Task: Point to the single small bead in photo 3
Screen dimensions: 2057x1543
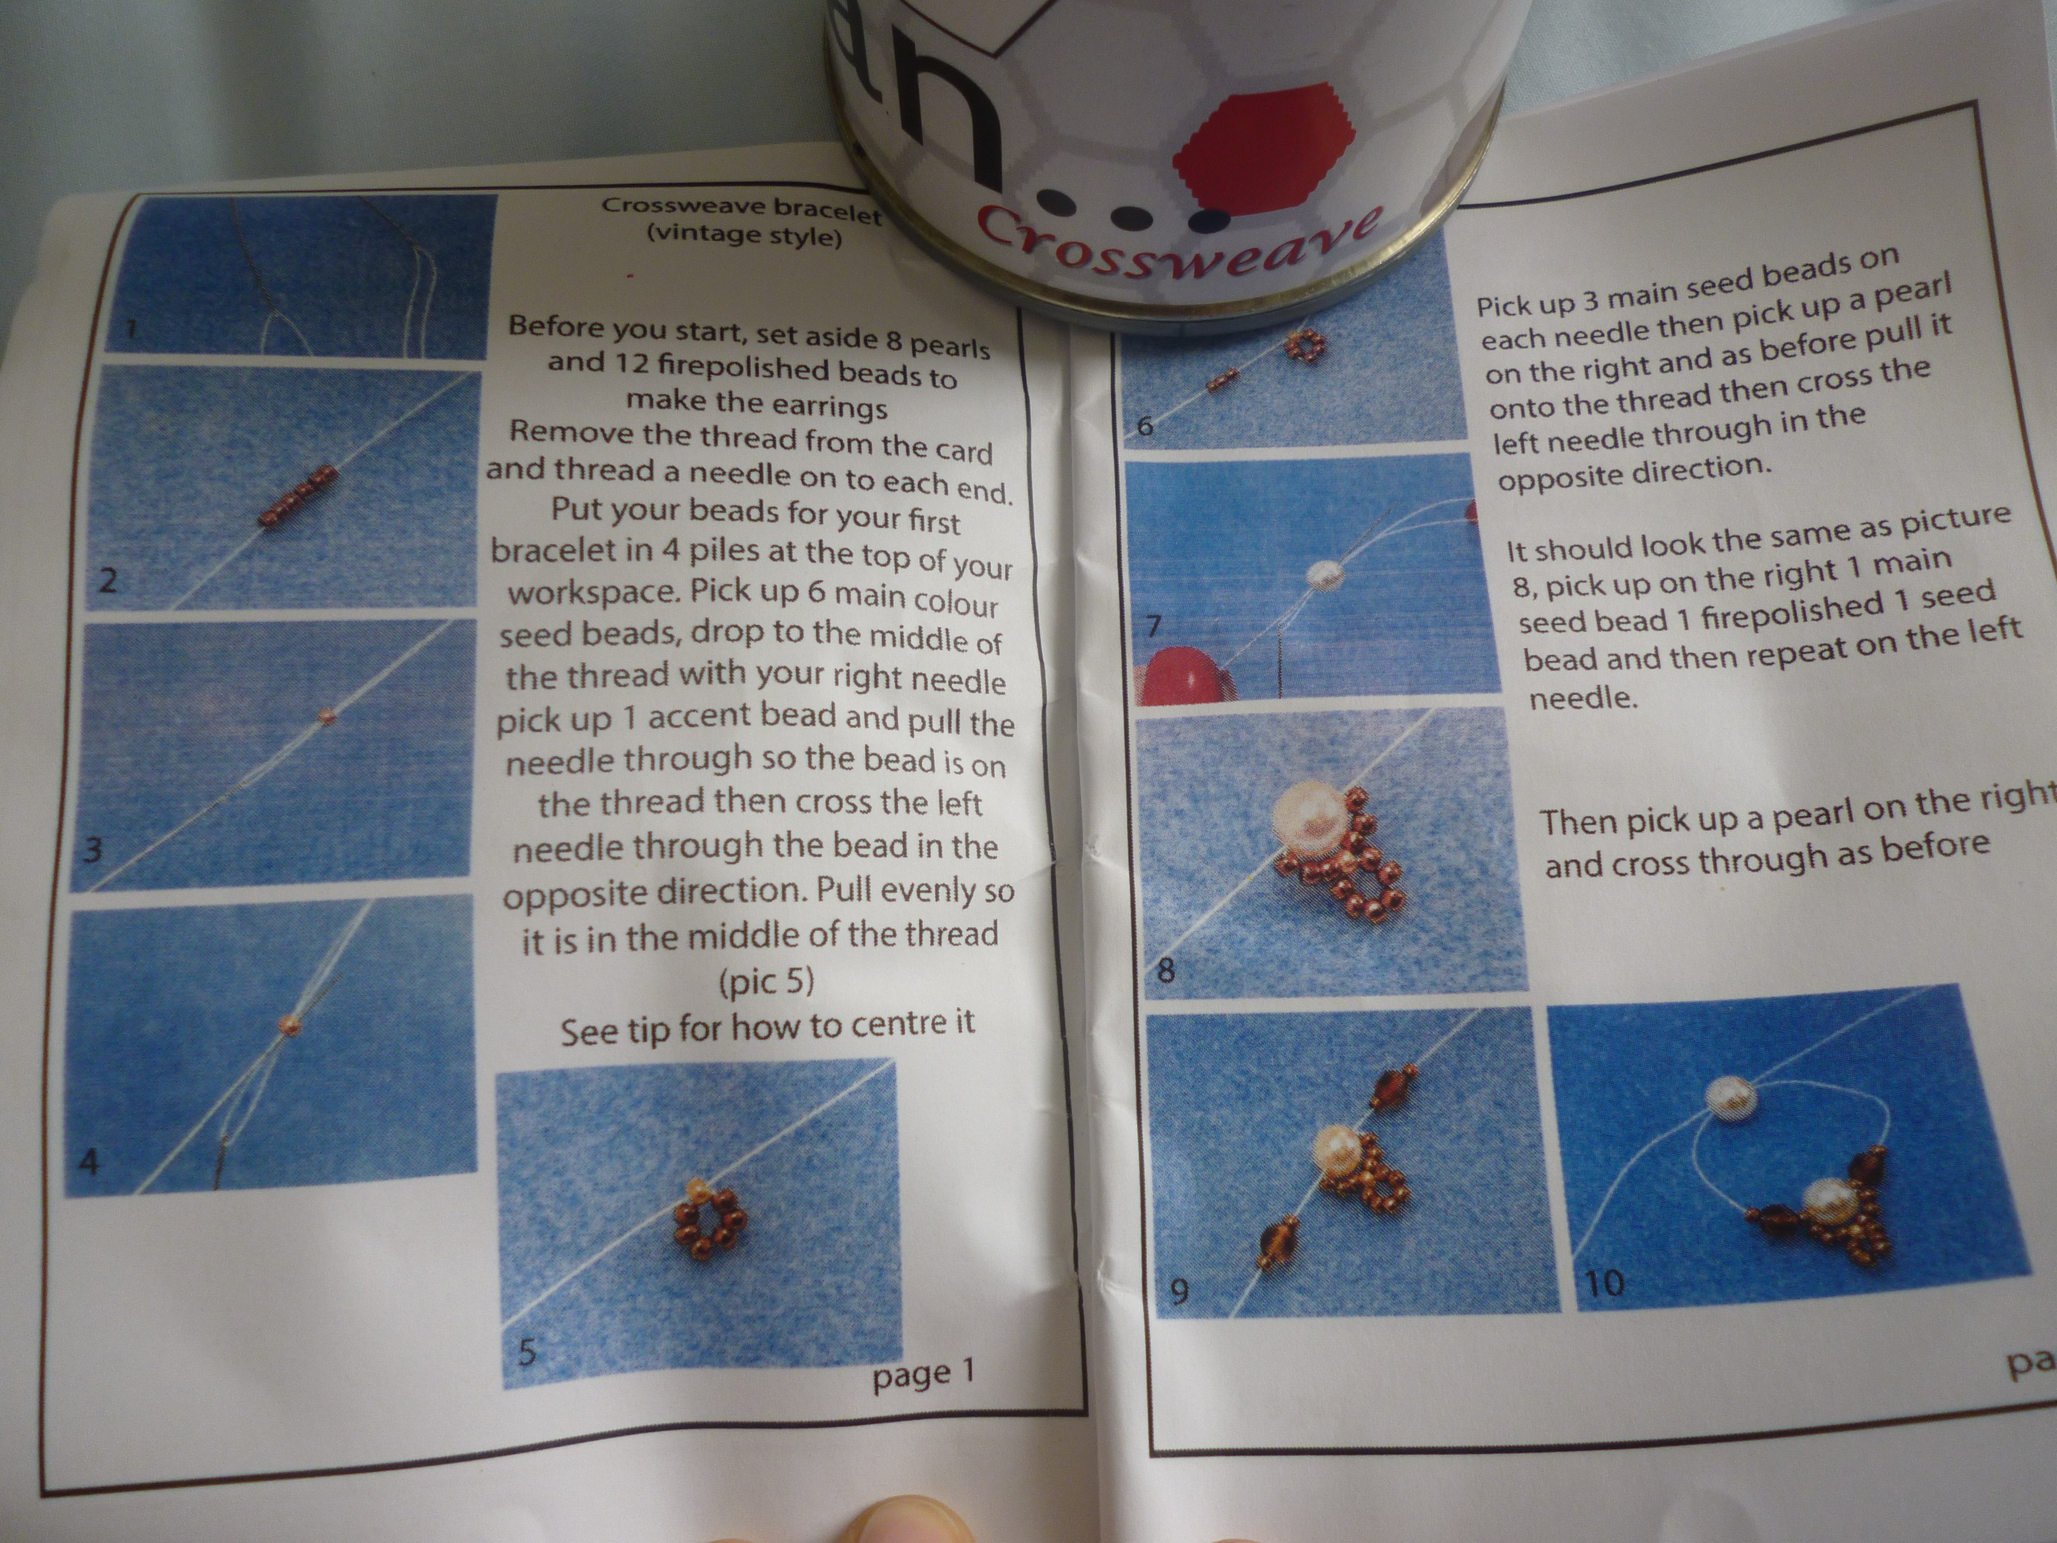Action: click(x=325, y=716)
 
